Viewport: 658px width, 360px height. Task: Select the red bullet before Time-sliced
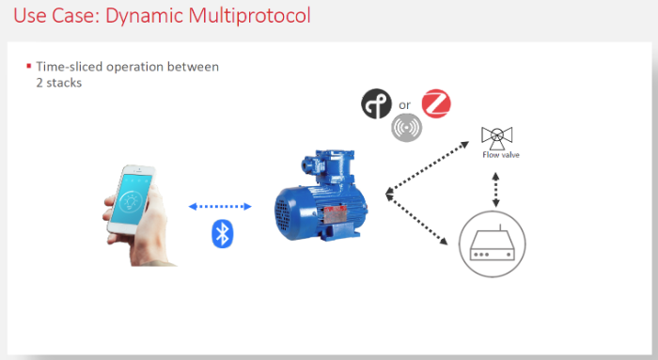pos(28,66)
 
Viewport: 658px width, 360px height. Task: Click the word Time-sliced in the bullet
pos(69,67)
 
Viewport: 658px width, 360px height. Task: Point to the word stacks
pos(66,82)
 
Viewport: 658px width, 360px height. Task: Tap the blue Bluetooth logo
pos(222,233)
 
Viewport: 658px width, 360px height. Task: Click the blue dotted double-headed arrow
pos(220,206)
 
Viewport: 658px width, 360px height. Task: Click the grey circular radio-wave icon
pos(406,127)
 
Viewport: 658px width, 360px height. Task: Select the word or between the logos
pos(406,104)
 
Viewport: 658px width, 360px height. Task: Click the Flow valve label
pos(500,155)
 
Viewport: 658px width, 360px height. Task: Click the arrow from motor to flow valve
pos(428,167)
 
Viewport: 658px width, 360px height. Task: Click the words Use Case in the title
pos(52,16)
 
